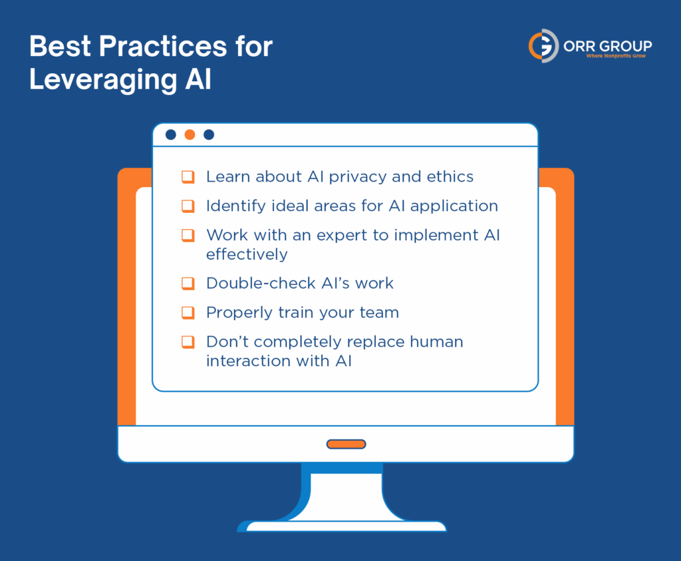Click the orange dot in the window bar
[190, 134]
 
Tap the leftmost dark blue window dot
[170, 134]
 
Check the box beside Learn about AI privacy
[188, 177]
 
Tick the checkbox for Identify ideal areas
[188, 206]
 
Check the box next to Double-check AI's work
[188, 283]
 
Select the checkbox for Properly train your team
[188, 313]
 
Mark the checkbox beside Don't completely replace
[188, 342]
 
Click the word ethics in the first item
[451, 177]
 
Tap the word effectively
[246, 254]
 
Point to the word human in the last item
[436, 342]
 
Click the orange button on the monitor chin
[346, 444]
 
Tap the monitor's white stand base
[346, 526]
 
